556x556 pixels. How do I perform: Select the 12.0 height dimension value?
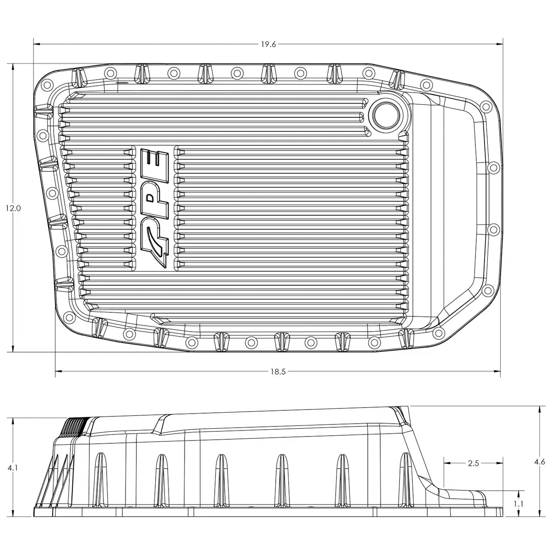[x=13, y=208]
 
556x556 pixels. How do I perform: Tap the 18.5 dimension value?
[x=278, y=372]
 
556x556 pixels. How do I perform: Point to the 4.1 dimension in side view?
[x=13, y=469]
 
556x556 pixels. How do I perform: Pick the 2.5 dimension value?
[x=473, y=463]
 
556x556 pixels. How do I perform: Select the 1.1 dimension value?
[x=518, y=503]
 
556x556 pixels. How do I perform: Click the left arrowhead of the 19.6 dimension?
[x=37, y=44]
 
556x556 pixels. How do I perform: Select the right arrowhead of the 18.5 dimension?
[x=497, y=372]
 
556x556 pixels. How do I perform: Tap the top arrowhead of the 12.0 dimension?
[x=13, y=67]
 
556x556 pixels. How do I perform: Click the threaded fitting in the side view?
[x=73, y=428]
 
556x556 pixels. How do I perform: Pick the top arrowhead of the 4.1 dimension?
[x=13, y=421]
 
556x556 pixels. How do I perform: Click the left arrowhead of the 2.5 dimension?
[x=447, y=463]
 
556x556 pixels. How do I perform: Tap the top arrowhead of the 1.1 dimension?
[x=518, y=493]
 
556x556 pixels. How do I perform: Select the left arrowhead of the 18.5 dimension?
[x=58, y=372]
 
